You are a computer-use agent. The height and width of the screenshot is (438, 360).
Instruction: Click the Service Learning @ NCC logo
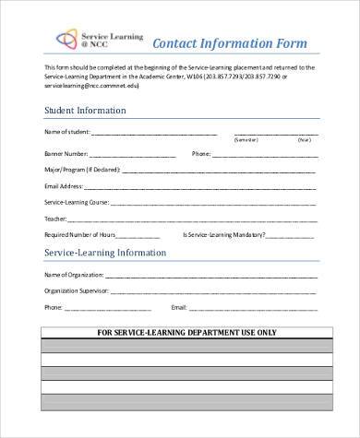[88, 41]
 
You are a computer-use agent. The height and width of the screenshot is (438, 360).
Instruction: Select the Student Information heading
[86, 111]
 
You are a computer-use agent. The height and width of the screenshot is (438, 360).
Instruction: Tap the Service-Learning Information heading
[105, 252]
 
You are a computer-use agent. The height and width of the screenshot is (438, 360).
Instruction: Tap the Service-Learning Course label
[77, 202]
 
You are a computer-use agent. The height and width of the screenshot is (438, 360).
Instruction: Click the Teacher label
[55, 219]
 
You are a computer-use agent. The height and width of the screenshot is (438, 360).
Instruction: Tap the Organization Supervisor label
[78, 290]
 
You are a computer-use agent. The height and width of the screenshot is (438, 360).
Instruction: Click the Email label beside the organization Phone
[179, 306]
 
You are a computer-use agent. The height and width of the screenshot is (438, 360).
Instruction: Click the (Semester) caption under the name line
[246, 140]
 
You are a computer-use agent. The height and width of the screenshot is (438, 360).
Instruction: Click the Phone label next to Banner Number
[201, 154]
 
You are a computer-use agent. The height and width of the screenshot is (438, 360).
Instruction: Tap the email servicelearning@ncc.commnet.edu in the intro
[88, 84]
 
